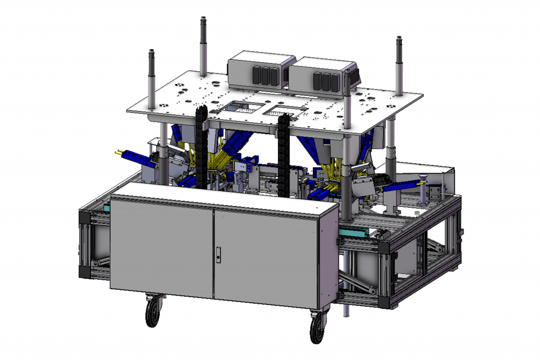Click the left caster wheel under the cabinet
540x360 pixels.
click(153, 314)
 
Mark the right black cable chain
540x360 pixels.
click(283, 153)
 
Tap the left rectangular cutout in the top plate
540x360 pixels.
click(240, 108)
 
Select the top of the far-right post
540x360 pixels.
click(399, 40)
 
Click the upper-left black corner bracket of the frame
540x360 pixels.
click(84, 218)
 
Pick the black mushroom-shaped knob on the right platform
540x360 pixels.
click(422, 178)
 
